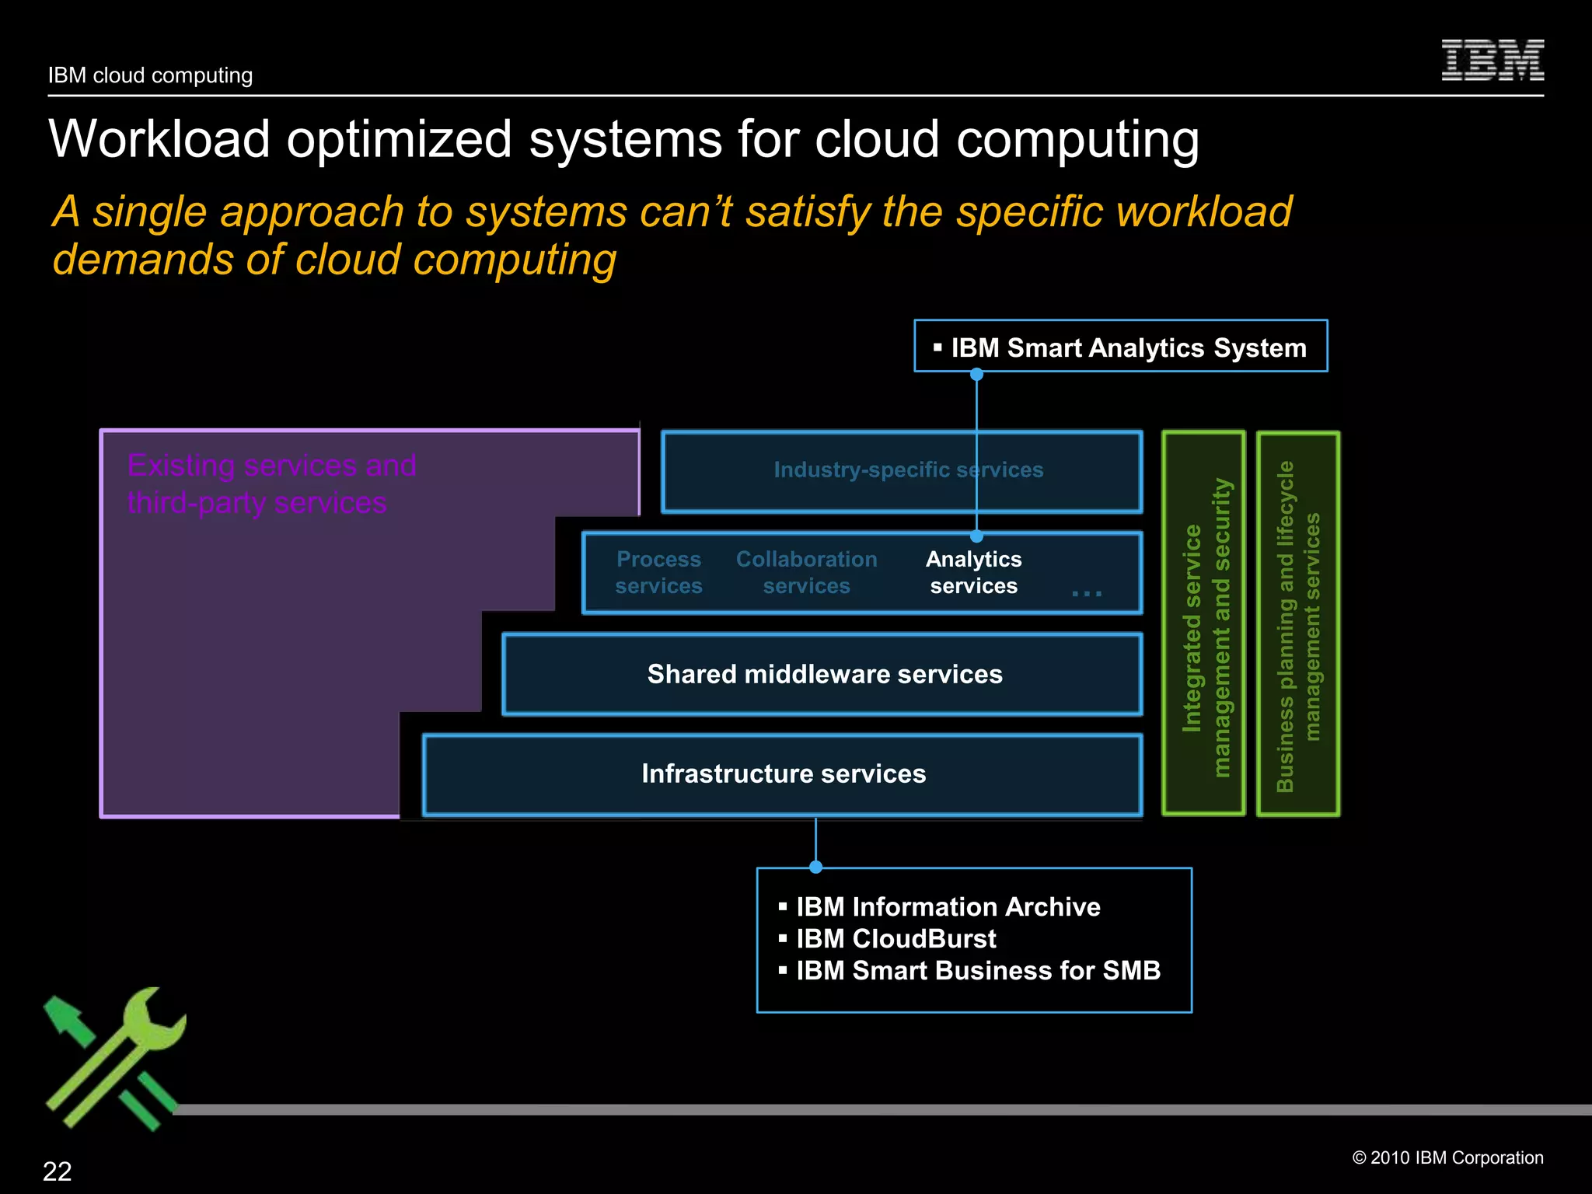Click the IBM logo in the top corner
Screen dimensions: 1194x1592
click(1492, 61)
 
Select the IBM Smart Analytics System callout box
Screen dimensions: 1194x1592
click(1120, 347)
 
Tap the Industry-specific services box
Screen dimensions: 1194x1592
click(902, 471)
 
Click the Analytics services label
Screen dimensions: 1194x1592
click(973, 572)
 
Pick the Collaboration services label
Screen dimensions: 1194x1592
click(806, 572)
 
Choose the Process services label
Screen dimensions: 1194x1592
click(658, 572)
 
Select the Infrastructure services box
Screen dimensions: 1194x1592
click(782, 774)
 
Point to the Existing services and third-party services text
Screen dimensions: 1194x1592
click(271, 484)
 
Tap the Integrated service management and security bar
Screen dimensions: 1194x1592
click(1204, 623)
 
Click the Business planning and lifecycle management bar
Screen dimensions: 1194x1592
click(1298, 623)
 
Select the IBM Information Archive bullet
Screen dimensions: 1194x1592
click(948, 907)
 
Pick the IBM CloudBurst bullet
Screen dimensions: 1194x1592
click(895, 939)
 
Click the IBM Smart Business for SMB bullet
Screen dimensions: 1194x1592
click(978, 971)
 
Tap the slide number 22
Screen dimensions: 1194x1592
click(57, 1171)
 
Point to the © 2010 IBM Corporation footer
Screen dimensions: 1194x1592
click(1447, 1157)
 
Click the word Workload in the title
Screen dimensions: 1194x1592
click(159, 139)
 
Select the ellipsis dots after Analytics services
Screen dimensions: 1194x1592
click(1086, 594)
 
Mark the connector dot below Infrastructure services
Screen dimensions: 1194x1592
click(815, 867)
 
